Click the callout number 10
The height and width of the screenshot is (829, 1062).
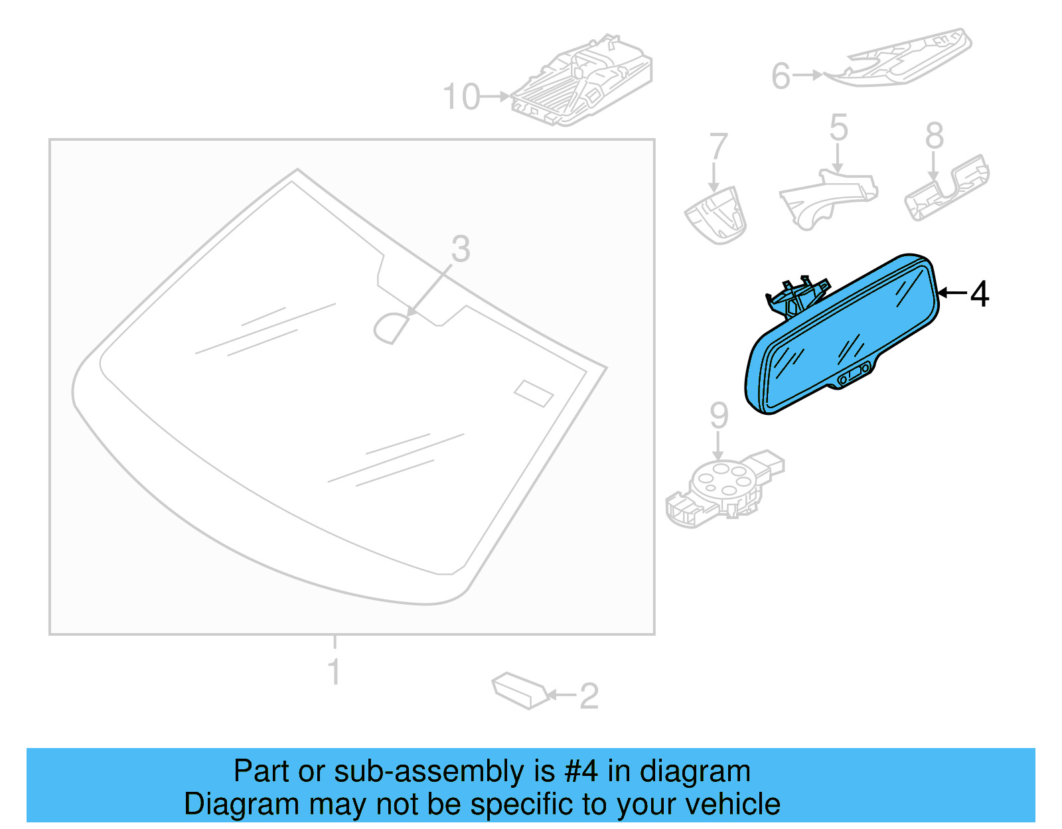click(461, 97)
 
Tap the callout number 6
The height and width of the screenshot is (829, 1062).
click(781, 76)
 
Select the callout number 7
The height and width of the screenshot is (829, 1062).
click(718, 146)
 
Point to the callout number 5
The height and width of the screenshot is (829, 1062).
click(839, 127)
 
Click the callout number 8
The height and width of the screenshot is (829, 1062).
click(934, 136)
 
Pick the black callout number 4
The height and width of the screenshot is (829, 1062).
click(979, 294)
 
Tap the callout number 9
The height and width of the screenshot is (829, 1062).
click(719, 415)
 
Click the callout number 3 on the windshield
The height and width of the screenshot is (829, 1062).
click(461, 249)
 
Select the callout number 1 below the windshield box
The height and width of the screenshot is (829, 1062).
click(335, 672)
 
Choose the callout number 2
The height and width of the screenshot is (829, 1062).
click(589, 696)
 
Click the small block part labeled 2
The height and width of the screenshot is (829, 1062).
click(520, 690)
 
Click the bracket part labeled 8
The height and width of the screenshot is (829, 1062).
click(947, 189)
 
